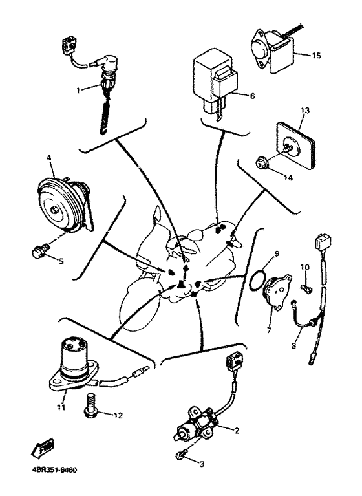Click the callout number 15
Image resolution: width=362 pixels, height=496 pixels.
click(316, 56)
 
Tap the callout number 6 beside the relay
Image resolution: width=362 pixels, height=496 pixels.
click(252, 96)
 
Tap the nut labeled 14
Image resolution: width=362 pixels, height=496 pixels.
click(261, 163)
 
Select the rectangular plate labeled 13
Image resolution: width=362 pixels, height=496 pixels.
click(295, 146)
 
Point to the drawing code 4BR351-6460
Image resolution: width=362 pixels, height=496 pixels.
click(54, 470)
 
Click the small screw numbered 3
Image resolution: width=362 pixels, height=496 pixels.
click(180, 455)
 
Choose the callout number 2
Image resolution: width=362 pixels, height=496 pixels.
click(237, 431)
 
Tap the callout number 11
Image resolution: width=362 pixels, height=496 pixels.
click(61, 407)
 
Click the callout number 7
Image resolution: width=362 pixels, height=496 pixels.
click(269, 330)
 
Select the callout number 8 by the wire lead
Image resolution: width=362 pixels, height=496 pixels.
click(293, 346)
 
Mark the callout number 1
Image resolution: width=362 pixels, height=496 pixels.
click(78, 90)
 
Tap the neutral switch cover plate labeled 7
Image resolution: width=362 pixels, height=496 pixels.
click(277, 291)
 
